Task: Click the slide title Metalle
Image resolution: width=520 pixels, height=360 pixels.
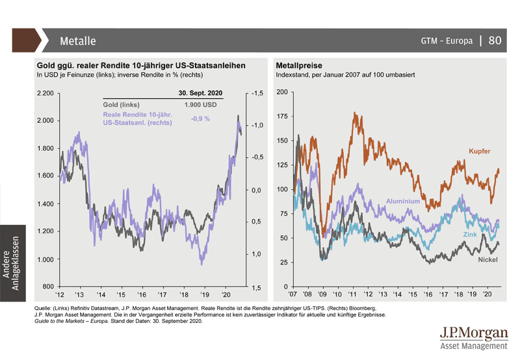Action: click(77, 41)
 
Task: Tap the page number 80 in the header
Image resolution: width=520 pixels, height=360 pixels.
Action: click(495, 40)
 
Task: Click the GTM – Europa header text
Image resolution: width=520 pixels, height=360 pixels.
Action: click(447, 41)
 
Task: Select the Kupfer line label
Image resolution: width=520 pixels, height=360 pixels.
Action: click(479, 151)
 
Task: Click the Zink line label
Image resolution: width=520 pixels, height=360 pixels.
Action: click(470, 233)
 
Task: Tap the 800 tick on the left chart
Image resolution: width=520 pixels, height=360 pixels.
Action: click(48, 287)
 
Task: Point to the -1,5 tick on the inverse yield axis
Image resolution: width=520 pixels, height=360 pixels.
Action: click(257, 94)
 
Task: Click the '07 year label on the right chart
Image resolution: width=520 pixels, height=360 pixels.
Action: click(294, 294)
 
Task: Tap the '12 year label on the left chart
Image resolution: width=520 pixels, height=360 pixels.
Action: click(60, 294)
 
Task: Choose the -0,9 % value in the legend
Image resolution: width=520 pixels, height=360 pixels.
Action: click(196, 119)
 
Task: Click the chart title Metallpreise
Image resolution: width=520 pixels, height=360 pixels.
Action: click(299, 66)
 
